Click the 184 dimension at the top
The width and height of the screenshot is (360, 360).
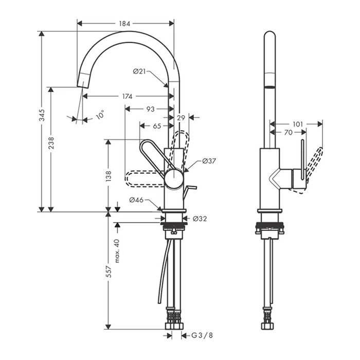pyautogui.click(x=125, y=23)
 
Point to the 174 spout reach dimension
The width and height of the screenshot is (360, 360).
pyautogui.click(x=128, y=96)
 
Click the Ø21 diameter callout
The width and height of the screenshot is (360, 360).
pyautogui.click(x=140, y=71)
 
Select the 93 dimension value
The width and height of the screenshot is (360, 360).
pyautogui.click(x=150, y=109)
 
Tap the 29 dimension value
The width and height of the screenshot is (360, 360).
pyautogui.click(x=181, y=118)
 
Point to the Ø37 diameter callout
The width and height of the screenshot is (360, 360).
pyautogui.click(x=209, y=161)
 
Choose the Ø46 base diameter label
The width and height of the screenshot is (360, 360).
pyautogui.click(x=135, y=200)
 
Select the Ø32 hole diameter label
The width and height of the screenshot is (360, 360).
pyautogui.click(x=200, y=219)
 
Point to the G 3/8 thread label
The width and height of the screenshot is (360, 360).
pyautogui.click(x=202, y=336)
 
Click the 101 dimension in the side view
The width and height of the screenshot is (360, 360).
pyautogui.click(x=298, y=124)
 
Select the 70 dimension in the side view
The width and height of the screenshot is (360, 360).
pyautogui.click(x=289, y=133)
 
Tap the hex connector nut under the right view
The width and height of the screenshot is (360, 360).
pyautogui.click(x=268, y=326)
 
